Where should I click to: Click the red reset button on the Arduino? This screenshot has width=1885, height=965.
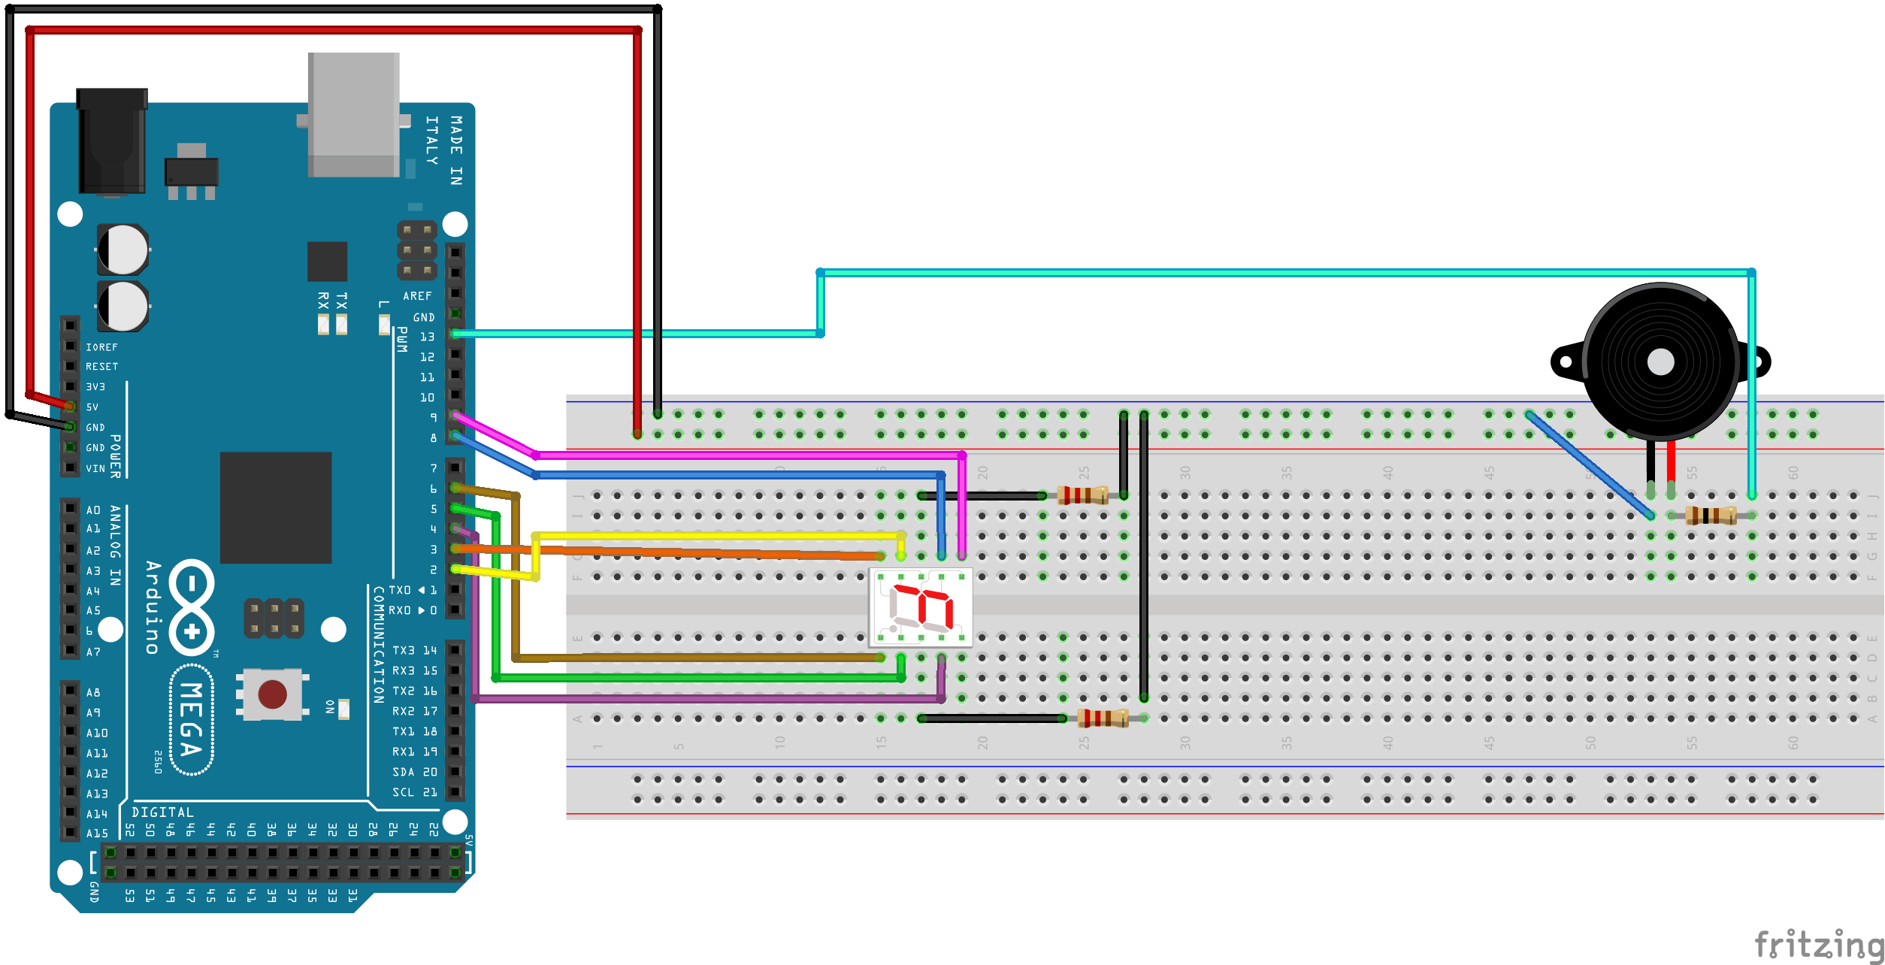click(272, 694)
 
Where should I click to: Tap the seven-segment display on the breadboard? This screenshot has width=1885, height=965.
click(920, 607)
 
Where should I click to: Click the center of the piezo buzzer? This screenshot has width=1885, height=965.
click(1660, 362)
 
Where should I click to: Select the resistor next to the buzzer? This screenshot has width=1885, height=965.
click(1711, 516)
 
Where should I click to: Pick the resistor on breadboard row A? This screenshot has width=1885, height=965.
click(1103, 718)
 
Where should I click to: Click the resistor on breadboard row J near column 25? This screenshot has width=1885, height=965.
click(1082, 495)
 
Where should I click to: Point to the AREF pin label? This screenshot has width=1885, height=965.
click(417, 296)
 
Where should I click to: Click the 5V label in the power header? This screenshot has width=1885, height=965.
click(92, 407)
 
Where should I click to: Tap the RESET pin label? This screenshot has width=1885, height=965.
click(101, 367)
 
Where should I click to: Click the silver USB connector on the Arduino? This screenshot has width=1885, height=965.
click(353, 114)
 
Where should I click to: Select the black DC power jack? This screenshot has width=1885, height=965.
click(112, 141)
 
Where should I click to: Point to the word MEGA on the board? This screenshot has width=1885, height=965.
click(191, 719)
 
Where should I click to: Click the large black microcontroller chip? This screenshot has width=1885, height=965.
click(275, 507)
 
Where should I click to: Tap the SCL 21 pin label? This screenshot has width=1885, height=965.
click(414, 792)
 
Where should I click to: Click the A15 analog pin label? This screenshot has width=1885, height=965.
click(97, 833)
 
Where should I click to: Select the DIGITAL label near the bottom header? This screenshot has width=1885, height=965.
click(162, 812)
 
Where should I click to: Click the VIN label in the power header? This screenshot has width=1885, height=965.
click(95, 468)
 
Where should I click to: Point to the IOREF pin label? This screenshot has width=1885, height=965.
click(101, 347)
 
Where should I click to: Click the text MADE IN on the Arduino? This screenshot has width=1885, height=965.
click(456, 150)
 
